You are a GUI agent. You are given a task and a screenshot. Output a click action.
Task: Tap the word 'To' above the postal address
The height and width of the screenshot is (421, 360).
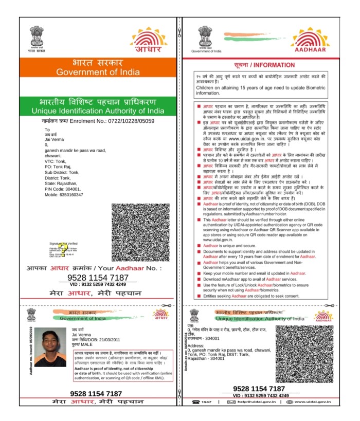pyautogui.click(x=47, y=130)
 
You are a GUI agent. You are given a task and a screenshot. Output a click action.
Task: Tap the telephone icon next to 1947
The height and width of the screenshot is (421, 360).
pyautogui.click(x=196, y=401)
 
